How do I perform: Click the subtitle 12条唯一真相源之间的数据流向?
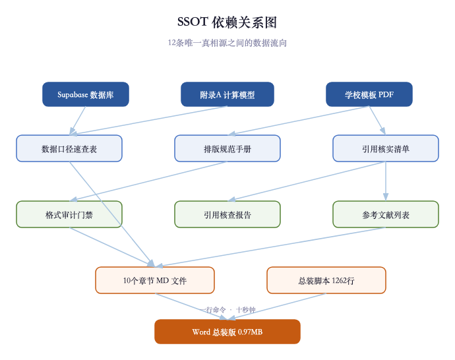(227, 43)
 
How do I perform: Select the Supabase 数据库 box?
(86, 94)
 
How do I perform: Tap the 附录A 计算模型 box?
(228, 94)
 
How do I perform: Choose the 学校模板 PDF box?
(369, 94)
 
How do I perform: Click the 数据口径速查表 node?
(69, 148)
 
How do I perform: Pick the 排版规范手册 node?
(228, 148)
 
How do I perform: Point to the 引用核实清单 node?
(386, 148)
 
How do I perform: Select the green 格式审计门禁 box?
(69, 214)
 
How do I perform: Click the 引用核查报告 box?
(228, 214)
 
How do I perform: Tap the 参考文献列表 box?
(386, 214)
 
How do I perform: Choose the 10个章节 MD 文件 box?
(155, 280)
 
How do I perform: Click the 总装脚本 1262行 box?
(326, 280)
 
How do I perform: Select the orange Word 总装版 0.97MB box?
(228, 332)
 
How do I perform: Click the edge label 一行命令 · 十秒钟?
(228, 309)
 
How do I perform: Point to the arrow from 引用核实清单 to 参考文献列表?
(386, 181)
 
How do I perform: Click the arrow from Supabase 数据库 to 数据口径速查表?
(78, 121)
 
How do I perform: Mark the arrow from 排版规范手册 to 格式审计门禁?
(148, 181)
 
